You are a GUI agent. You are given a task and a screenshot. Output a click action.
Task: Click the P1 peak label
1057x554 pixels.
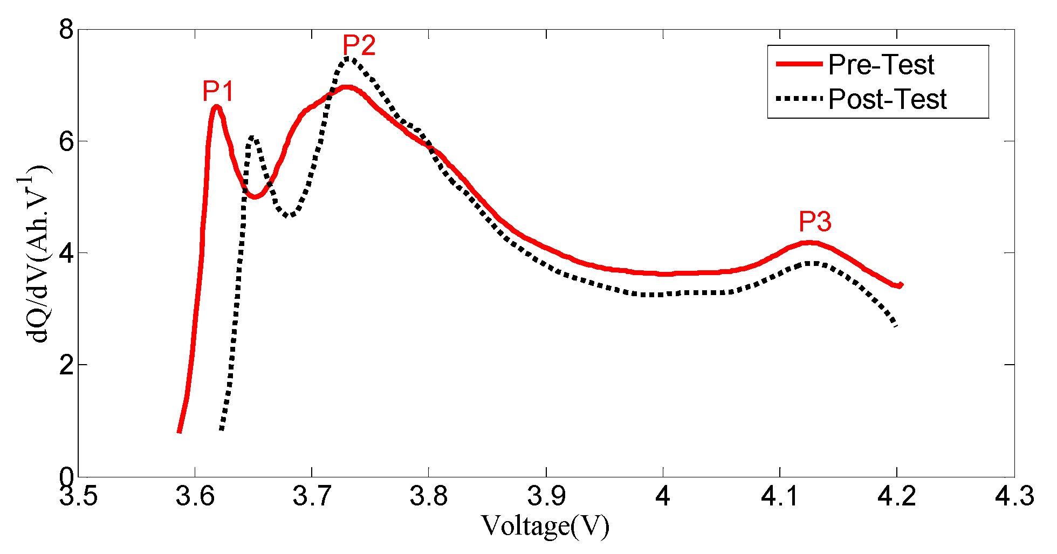tap(218, 91)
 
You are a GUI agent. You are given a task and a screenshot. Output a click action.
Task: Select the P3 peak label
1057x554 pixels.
tap(815, 222)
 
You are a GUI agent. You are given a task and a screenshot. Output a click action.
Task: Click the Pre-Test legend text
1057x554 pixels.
tap(881, 65)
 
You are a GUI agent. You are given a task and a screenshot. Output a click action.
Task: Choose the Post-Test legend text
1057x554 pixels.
tap(887, 99)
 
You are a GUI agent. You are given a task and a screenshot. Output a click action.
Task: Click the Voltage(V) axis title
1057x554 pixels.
tap(545, 526)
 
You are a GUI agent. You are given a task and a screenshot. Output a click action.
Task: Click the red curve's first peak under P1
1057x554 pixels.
tap(216, 107)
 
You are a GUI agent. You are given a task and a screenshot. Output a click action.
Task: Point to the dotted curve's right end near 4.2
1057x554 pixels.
tap(895, 325)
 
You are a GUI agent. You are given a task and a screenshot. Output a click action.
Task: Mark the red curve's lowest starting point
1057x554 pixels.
tap(179, 431)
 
